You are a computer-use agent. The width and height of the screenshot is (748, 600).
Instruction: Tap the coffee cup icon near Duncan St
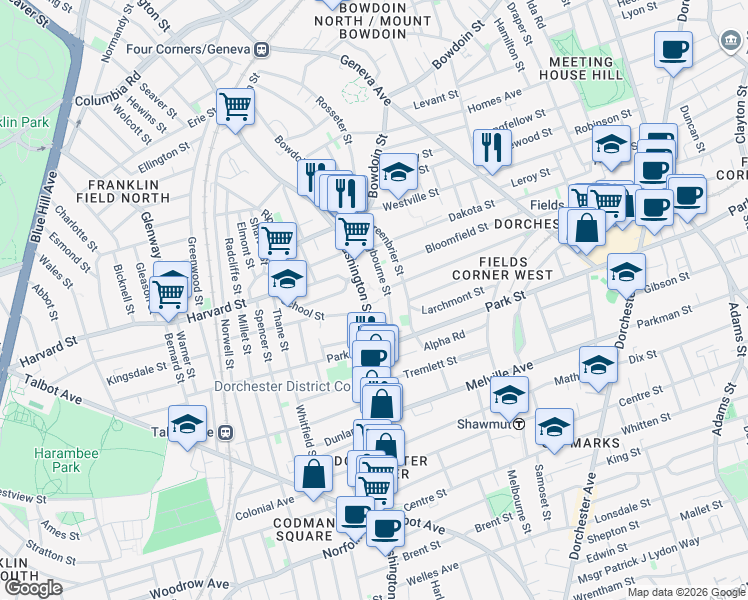click(x=673, y=49)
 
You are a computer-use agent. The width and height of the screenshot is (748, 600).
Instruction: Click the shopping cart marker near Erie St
click(x=235, y=105)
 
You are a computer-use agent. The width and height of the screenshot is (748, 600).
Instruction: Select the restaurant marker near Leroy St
click(x=491, y=148)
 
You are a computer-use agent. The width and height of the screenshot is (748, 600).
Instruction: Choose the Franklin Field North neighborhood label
click(x=123, y=193)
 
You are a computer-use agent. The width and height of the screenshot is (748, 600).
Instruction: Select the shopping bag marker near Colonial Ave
click(x=313, y=474)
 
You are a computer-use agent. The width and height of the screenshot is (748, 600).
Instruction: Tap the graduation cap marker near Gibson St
click(x=626, y=271)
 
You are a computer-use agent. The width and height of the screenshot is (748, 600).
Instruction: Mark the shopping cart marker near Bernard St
click(x=168, y=291)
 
